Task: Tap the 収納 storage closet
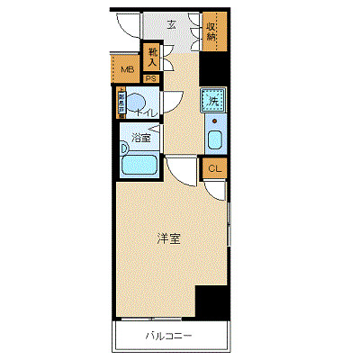click(x=213, y=32)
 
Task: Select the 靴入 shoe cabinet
click(x=153, y=58)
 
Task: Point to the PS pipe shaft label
click(x=151, y=78)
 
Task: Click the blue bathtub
click(x=139, y=165)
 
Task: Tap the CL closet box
click(x=214, y=168)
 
